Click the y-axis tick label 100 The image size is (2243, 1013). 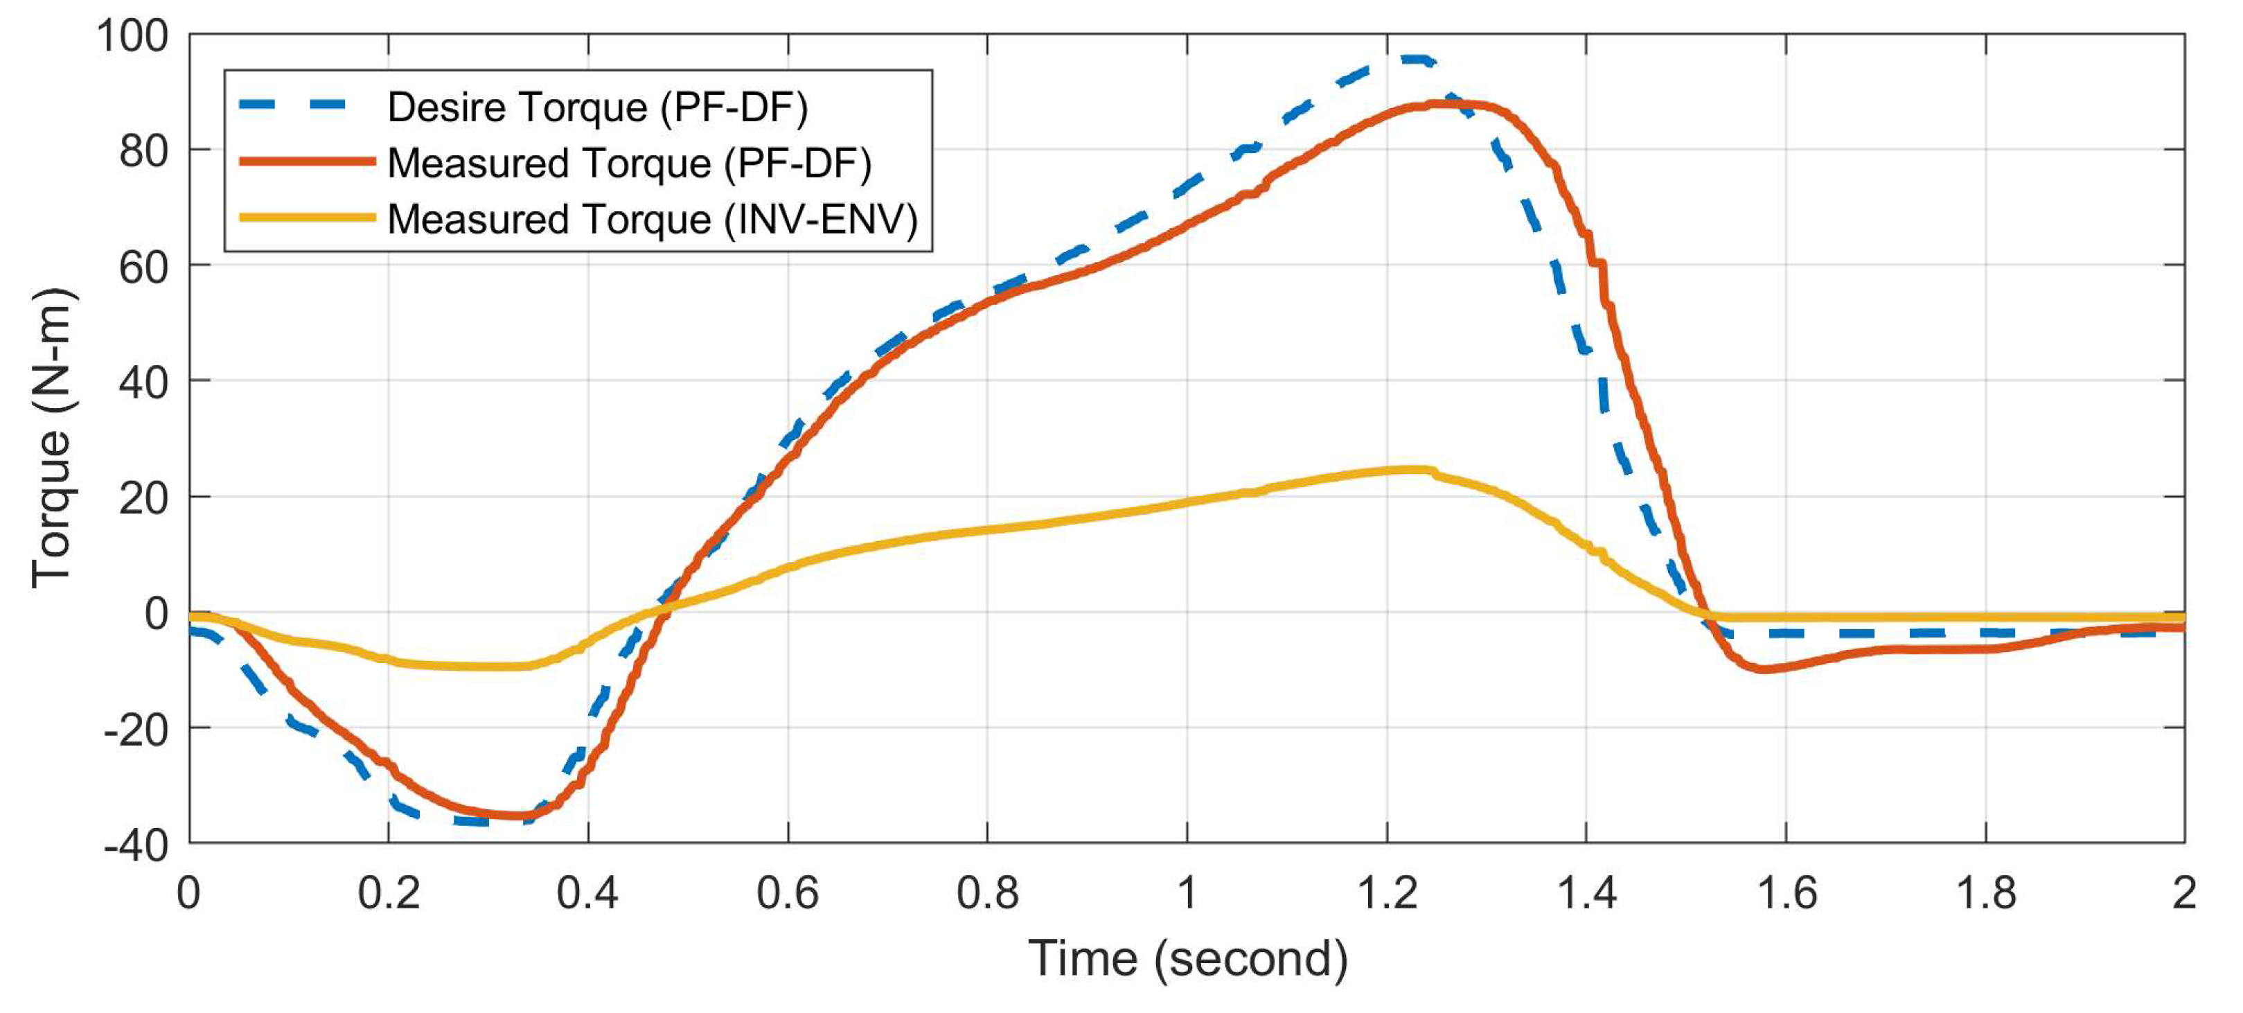coord(132,37)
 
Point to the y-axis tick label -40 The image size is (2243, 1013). coord(136,845)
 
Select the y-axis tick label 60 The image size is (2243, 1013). coord(143,267)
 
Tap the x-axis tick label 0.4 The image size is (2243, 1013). coord(587,894)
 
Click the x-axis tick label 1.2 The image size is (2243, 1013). coord(1386,894)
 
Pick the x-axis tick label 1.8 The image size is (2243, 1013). coord(1985,894)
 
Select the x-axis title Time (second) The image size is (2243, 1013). coord(1188,959)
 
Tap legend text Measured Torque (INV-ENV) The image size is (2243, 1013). coord(652,219)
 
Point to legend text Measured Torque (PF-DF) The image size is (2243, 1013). coord(629,163)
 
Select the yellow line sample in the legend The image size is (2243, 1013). coord(306,218)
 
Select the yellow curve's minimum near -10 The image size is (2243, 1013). coord(488,667)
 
